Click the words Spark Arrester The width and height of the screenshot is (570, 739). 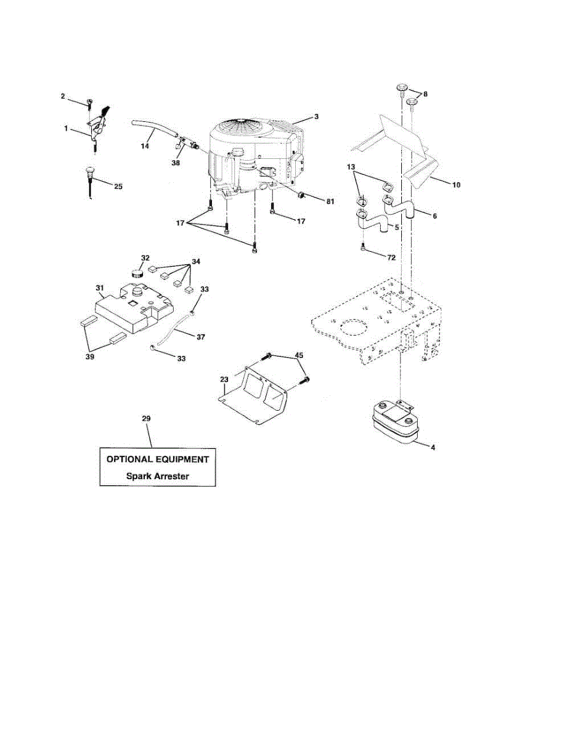pos(158,475)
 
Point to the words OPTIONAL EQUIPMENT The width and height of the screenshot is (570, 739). pos(158,459)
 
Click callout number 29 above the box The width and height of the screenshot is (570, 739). pos(146,419)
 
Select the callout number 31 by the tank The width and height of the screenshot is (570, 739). pos(100,288)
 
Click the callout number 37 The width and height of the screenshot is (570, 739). pos(201,337)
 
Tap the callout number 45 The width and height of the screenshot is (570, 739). pos(299,355)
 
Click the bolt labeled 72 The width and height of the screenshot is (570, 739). pos(362,248)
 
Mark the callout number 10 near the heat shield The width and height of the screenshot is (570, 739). pos(457,184)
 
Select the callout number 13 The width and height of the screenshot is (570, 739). pos(351,168)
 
